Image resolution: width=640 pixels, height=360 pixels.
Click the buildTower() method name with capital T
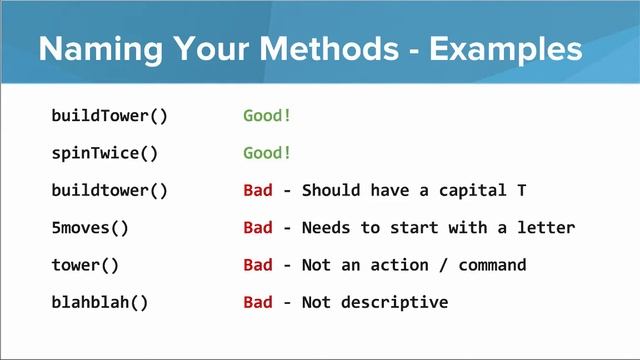click(x=109, y=115)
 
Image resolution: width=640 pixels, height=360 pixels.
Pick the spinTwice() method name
click(x=104, y=153)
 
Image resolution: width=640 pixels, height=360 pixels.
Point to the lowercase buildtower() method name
click(x=109, y=190)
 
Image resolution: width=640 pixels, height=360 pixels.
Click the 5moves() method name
click(x=90, y=227)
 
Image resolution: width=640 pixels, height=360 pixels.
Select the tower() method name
click(x=85, y=265)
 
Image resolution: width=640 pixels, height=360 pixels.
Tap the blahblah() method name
click(x=99, y=302)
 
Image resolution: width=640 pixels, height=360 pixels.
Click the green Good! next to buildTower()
click(x=267, y=115)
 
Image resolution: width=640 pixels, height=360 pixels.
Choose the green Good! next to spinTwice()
click(x=267, y=153)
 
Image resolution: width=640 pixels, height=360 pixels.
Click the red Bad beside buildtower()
click(x=257, y=190)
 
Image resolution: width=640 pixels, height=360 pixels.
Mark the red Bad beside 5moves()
click(x=257, y=227)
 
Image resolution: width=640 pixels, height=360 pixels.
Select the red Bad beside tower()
click(x=257, y=265)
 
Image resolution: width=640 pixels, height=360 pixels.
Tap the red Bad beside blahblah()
click(x=257, y=302)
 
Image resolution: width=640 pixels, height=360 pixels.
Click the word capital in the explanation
click(x=472, y=190)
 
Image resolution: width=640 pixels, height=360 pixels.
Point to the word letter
click(x=546, y=227)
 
